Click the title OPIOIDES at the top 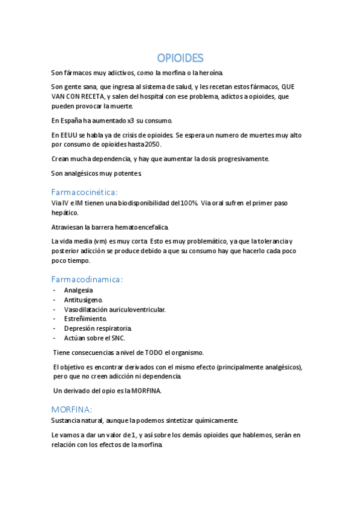pyautogui.click(x=180, y=58)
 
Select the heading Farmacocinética pyautogui.click(x=84, y=192)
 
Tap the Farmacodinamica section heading pyautogui.click(x=87, y=279)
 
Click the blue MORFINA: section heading pyautogui.click(x=72, y=409)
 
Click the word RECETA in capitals pyautogui.click(x=92, y=96)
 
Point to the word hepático pyautogui.click(x=64, y=212)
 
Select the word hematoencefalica pyautogui.click(x=138, y=227)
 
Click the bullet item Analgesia pyautogui.click(x=78, y=290)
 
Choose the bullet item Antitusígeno pyautogui.click(x=84, y=300)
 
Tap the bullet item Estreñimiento pyautogui.click(x=86, y=319)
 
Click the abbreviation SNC pyautogui.click(x=116, y=338)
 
